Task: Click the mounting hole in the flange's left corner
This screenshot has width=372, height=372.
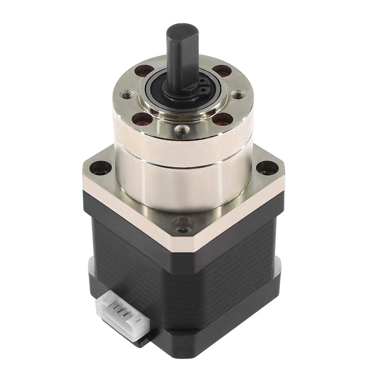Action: pyautogui.click(x=99, y=167)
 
